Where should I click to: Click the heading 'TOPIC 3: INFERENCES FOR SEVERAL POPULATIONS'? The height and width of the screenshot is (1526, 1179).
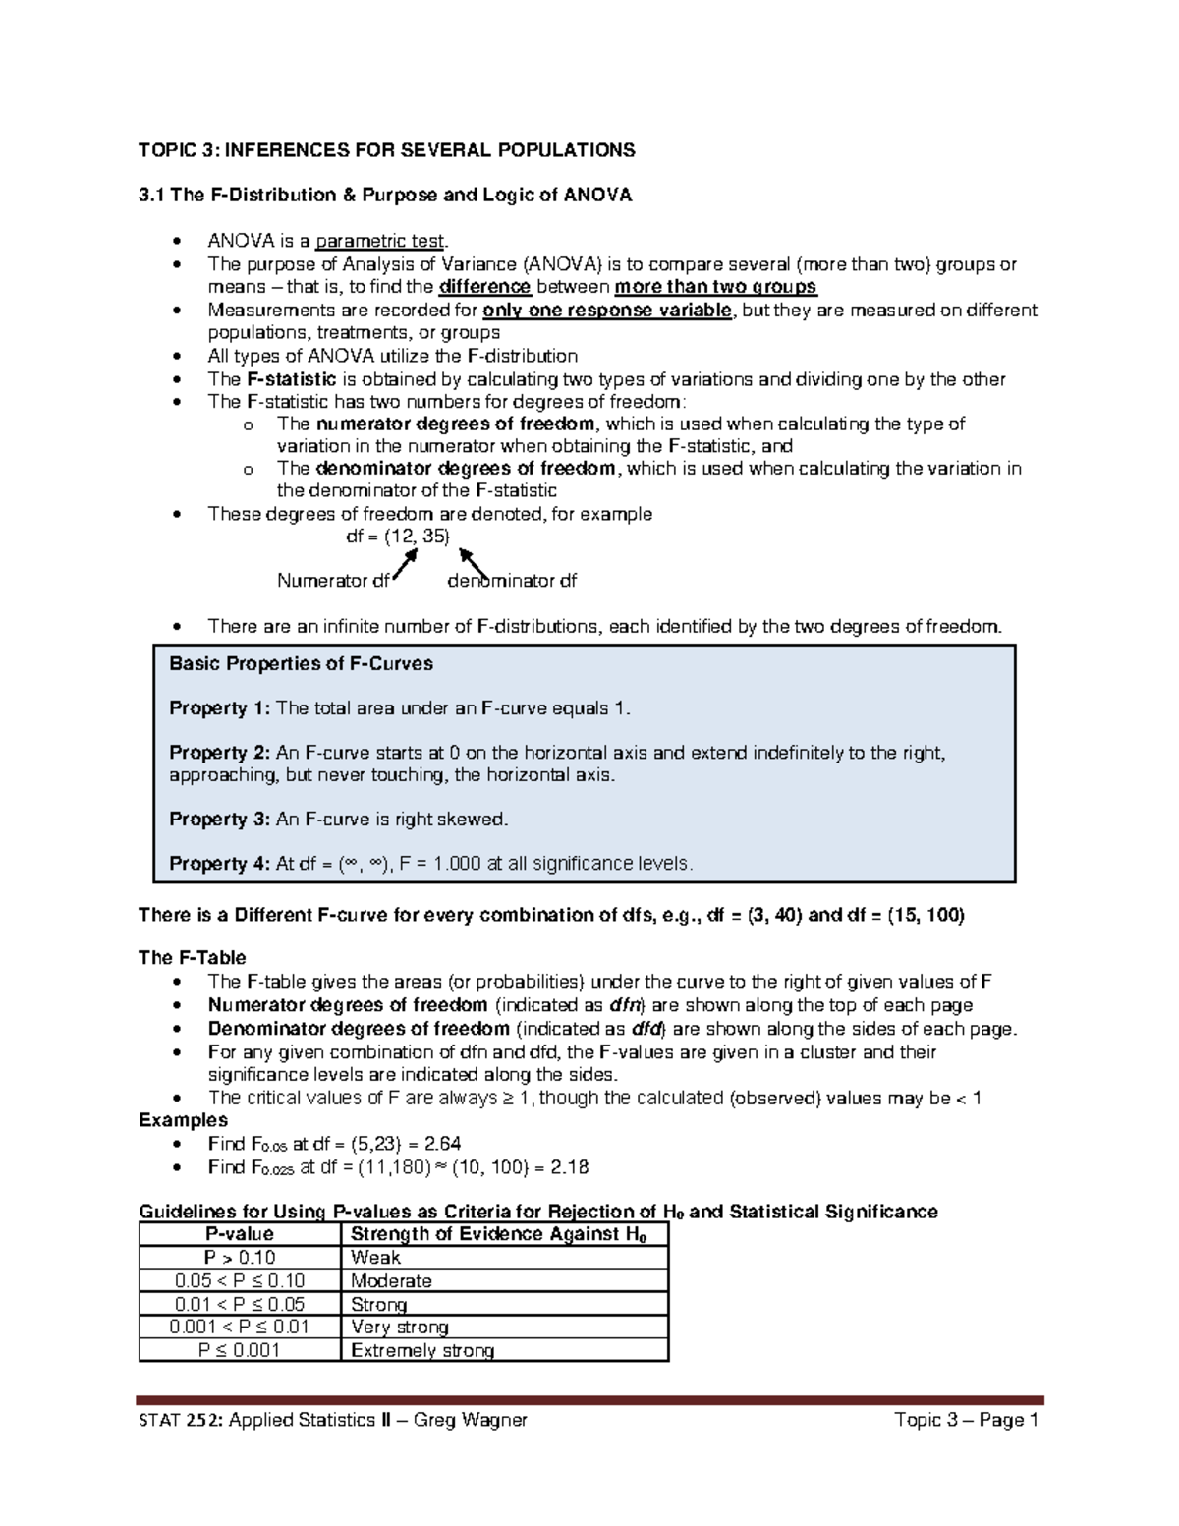(x=386, y=150)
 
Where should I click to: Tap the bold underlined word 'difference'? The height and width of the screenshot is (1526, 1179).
(x=485, y=287)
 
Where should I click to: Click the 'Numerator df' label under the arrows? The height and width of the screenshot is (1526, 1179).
(x=333, y=581)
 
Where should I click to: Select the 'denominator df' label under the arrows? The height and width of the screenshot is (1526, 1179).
(x=512, y=581)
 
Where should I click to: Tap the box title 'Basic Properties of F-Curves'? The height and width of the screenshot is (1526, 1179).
(x=301, y=664)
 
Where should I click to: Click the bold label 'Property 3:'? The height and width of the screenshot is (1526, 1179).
(x=220, y=820)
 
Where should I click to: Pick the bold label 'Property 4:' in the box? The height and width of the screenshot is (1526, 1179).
(x=220, y=864)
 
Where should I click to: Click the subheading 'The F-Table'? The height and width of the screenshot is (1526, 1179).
(x=193, y=958)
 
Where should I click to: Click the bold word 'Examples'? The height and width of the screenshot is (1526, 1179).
(x=183, y=1120)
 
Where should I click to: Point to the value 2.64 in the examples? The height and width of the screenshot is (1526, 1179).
(x=442, y=1144)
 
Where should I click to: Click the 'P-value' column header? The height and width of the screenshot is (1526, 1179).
(x=239, y=1234)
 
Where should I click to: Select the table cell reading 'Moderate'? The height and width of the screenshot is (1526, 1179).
(x=391, y=1281)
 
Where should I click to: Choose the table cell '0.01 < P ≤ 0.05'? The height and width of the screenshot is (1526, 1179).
(x=239, y=1305)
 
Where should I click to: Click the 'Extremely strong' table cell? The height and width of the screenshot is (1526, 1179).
(x=422, y=1351)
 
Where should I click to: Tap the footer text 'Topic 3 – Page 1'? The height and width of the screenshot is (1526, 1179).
(x=966, y=1420)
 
